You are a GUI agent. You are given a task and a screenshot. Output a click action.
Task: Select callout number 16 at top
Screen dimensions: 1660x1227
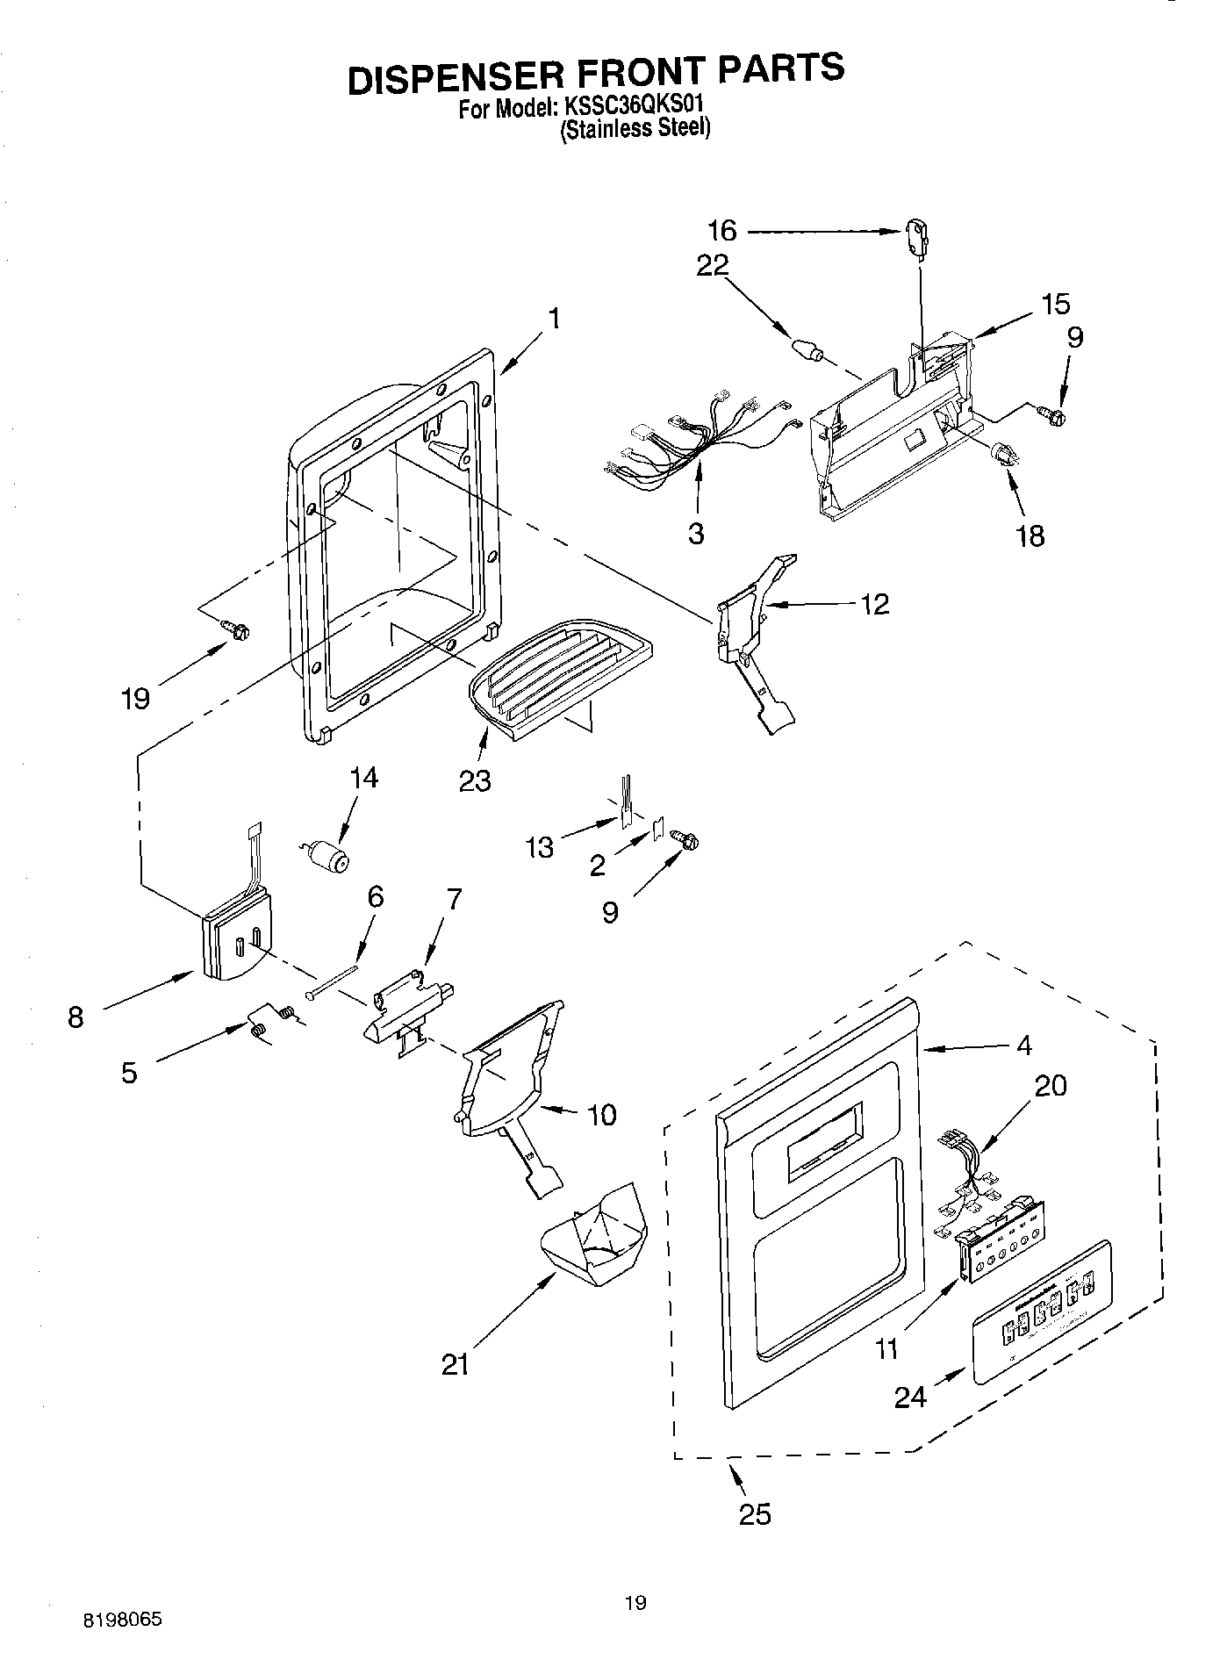point(722,232)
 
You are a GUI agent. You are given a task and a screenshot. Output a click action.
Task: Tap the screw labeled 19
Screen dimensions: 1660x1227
point(238,629)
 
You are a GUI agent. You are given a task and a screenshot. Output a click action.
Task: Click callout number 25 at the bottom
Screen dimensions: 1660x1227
point(755,1514)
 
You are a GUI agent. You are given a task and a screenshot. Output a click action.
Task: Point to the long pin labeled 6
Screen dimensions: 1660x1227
point(334,981)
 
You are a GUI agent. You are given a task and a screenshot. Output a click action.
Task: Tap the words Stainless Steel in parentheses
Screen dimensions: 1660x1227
point(635,129)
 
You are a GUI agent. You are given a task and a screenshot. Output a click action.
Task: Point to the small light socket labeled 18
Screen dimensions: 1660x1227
point(1003,456)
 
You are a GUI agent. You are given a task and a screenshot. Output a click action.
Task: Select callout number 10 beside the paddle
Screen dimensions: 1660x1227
point(601,1115)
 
